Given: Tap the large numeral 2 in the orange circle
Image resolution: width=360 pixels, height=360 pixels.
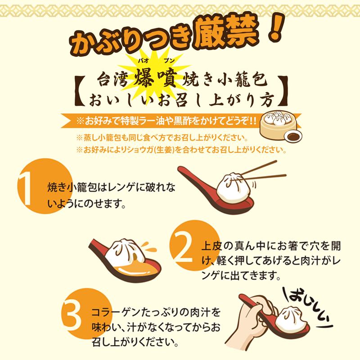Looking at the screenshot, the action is coord(183,247).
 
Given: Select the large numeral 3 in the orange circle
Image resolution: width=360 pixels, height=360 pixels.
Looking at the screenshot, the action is coord(72,316).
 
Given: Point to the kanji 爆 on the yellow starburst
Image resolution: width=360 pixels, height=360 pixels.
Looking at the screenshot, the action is coord(144,77).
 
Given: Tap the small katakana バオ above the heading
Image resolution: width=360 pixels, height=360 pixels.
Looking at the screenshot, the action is coord(143,61).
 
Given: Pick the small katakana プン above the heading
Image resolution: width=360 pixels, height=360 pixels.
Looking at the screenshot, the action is coord(169,61).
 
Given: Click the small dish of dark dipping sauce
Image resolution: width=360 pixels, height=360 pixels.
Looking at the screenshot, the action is coord(293,136).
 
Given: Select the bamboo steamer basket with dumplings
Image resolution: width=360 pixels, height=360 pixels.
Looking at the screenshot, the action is coord(278,125).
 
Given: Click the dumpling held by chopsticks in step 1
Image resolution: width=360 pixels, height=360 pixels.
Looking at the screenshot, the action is coord(232,188).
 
